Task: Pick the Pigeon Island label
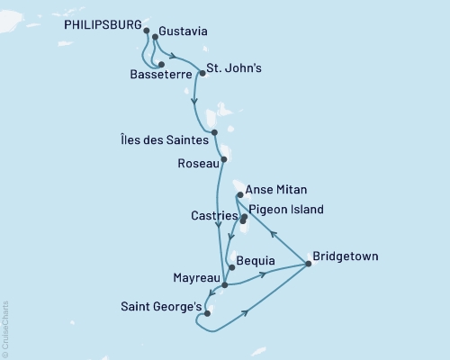tap(285, 210)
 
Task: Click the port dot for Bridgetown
tap(309, 264)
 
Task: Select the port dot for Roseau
tap(224, 161)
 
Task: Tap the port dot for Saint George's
tap(208, 314)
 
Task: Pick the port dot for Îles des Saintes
tap(214, 132)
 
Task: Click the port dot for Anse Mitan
tap(238, 194)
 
